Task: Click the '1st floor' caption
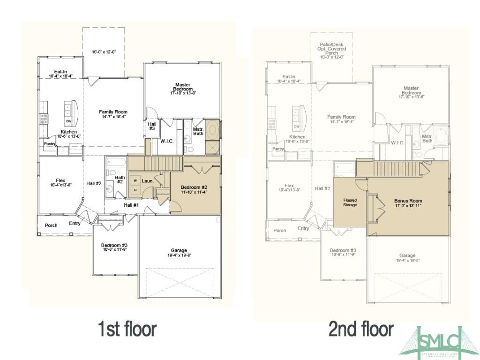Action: [x=127, y=329]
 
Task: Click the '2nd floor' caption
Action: [x=360, y=329]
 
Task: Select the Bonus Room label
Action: [x=408, y=203]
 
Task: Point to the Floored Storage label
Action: [x=350, y=202]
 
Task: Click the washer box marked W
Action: [x=135, y=180]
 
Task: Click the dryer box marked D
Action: [x=135, y=190]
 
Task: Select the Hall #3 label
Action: [x=152, y=126]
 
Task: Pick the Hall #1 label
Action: [x=131, y=205]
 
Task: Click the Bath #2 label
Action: [x=120, y=180]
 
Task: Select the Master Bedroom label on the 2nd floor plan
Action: [x=411, y=93]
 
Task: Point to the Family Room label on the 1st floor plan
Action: [x=113, y=114]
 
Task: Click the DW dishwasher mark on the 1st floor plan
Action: [x=68, y=122]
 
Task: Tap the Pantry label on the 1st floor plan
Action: [x=50, y=144]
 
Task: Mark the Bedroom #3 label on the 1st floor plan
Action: [x=114, y=247]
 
